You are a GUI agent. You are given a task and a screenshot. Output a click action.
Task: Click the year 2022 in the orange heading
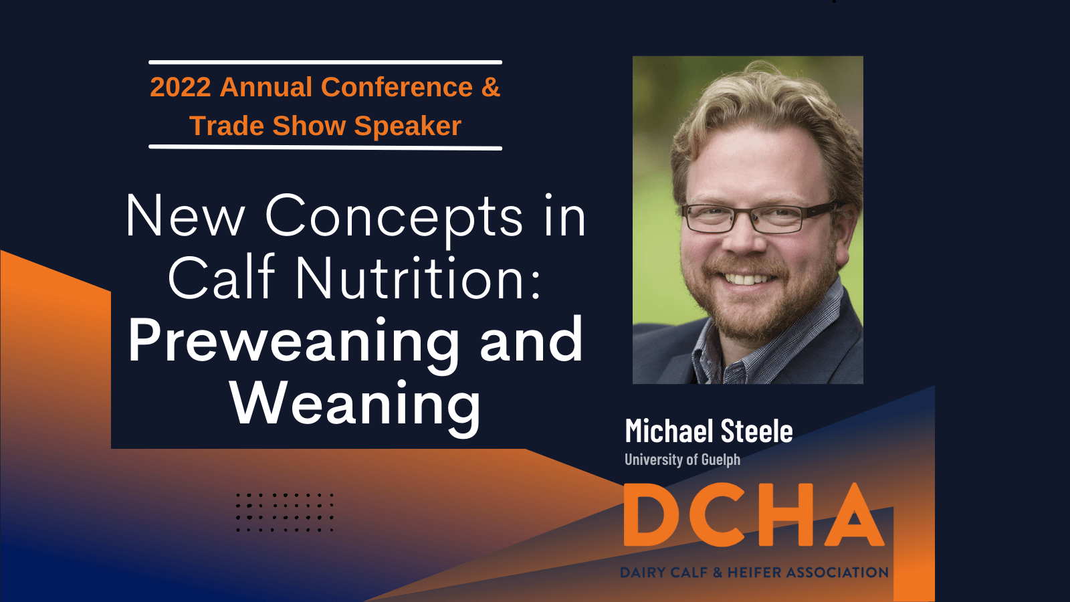pyautogui.click(x=181, y=87)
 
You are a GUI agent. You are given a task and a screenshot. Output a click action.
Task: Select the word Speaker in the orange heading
pyautogui.click(x=407, y=126)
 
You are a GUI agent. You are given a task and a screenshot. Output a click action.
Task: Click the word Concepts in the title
pyautogui.click(x=394, y=216)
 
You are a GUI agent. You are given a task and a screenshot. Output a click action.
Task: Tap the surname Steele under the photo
pyautogui.click(x=756, y=431)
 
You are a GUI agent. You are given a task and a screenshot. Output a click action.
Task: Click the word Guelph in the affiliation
pyautogui.click(x=721, y=460)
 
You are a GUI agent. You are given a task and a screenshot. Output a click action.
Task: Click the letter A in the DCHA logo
pyautogui.click(x=855, y=514)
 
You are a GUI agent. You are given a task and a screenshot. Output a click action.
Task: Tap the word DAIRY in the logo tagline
pyautogui.click(x=643, y=572)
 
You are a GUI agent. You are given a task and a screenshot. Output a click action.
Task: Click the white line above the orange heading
pyautogui.click(x=325, y=62)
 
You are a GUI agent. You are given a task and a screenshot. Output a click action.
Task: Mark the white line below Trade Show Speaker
pyautogui.click(x=325, y=147)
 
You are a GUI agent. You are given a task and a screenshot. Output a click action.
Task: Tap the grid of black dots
pyautogui.click(x=285, y=512)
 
